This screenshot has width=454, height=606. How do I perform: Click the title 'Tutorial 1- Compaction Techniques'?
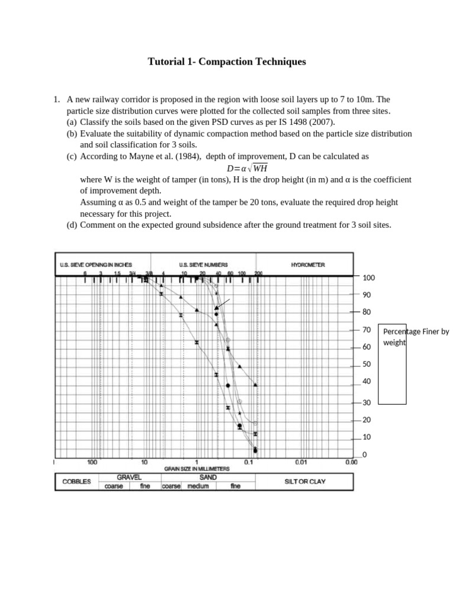226,62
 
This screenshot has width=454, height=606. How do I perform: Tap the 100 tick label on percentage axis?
368,278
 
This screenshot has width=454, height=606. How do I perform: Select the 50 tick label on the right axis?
367,364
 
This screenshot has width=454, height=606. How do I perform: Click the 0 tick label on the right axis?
364,454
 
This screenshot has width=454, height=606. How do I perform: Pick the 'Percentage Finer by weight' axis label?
416,337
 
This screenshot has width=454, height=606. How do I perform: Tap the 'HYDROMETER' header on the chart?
307,265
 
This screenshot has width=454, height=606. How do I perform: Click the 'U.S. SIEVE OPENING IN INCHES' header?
96,265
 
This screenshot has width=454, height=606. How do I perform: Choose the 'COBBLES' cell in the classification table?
77,482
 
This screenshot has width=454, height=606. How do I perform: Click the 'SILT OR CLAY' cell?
304,482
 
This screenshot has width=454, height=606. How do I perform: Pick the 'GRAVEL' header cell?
129,477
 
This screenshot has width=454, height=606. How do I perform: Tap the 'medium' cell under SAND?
198,486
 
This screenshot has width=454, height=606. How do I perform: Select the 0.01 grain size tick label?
301,462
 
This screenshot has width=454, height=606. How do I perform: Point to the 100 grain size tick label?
93,462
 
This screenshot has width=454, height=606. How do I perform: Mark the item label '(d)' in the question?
72,225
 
